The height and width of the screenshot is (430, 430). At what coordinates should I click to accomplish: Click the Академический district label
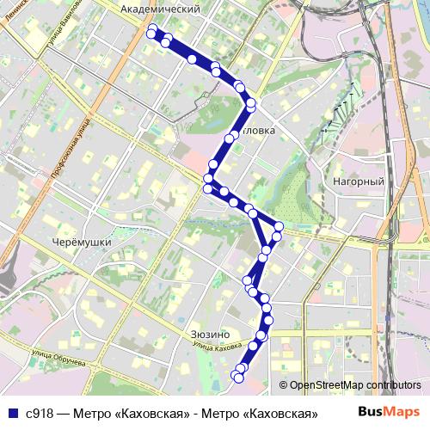[x=161, y=9]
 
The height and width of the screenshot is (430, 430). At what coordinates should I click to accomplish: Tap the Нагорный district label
[x=358, y=181]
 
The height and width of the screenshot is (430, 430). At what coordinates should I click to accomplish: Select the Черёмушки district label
[x=81, y=243]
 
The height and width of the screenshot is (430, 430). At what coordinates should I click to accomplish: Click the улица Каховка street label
[x=217, y=347]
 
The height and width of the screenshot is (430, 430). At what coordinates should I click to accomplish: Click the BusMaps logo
[x=389, y=412]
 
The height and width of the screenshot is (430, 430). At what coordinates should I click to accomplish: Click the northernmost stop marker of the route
[x=152, y=30]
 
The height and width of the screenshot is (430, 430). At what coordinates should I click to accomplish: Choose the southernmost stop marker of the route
[x=239, y=377]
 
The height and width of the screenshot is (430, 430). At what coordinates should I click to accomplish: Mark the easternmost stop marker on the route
[x=278, y=227]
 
